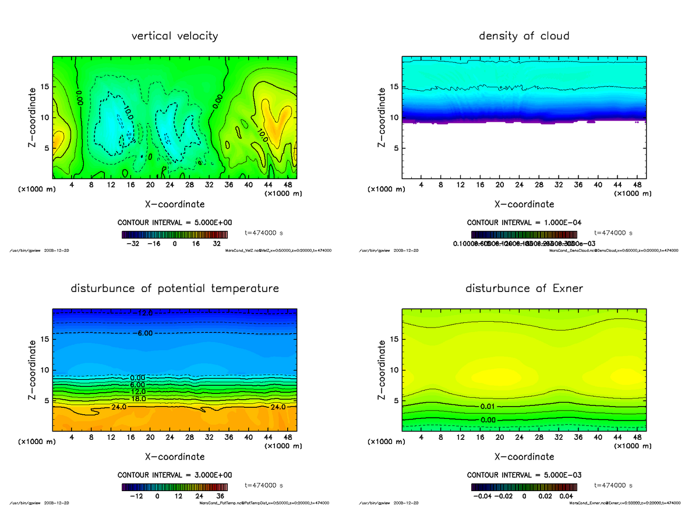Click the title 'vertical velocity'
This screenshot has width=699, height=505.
pyautogui.click(x=175, y=36)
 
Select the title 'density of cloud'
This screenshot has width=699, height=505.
pyautogui.click(x=524, y=36)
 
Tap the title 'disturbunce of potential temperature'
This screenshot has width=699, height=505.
pyautogui.click(x=175, y=289)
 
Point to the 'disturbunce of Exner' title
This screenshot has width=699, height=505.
pyautogui.click(x=524, y=289)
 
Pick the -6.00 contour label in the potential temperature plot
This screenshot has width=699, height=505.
pyautogui.click(x=142, y=333)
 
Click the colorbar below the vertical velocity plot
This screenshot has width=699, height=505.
pyautogui.click(x=175, y=234)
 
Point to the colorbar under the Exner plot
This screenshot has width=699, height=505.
pyautogui.click(x=524, y=486)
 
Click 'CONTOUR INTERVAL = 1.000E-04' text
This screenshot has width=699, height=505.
pyautogui.click(x=524, y=223)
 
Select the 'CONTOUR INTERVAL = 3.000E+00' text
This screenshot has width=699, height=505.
pyautogui.click(x=175, y=475)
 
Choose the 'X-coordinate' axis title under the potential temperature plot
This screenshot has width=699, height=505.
pyautogui.click(x=175, y=457)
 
